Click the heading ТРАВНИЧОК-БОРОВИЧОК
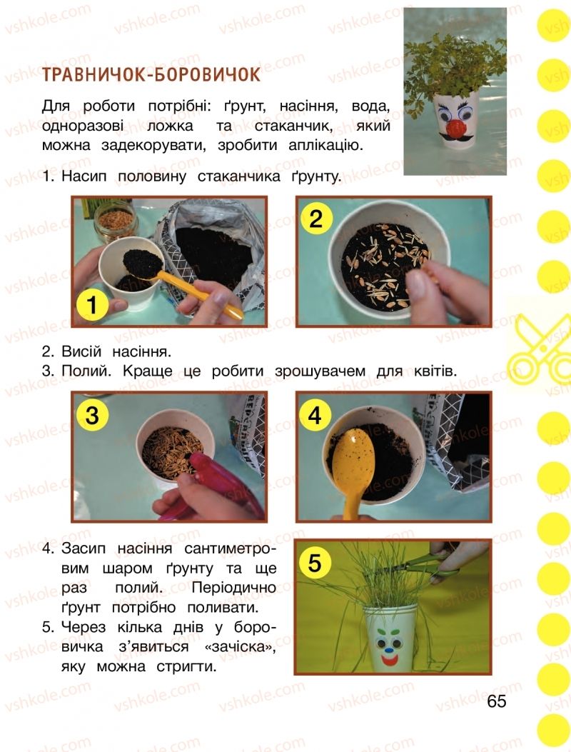(x=151, y=75)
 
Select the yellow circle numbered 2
(x=316, y=219)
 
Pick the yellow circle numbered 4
(x=315, y=415)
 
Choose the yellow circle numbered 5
(x=315, y=562)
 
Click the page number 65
(x=497, y=701)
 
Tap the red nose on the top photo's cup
(x=455, y=129)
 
